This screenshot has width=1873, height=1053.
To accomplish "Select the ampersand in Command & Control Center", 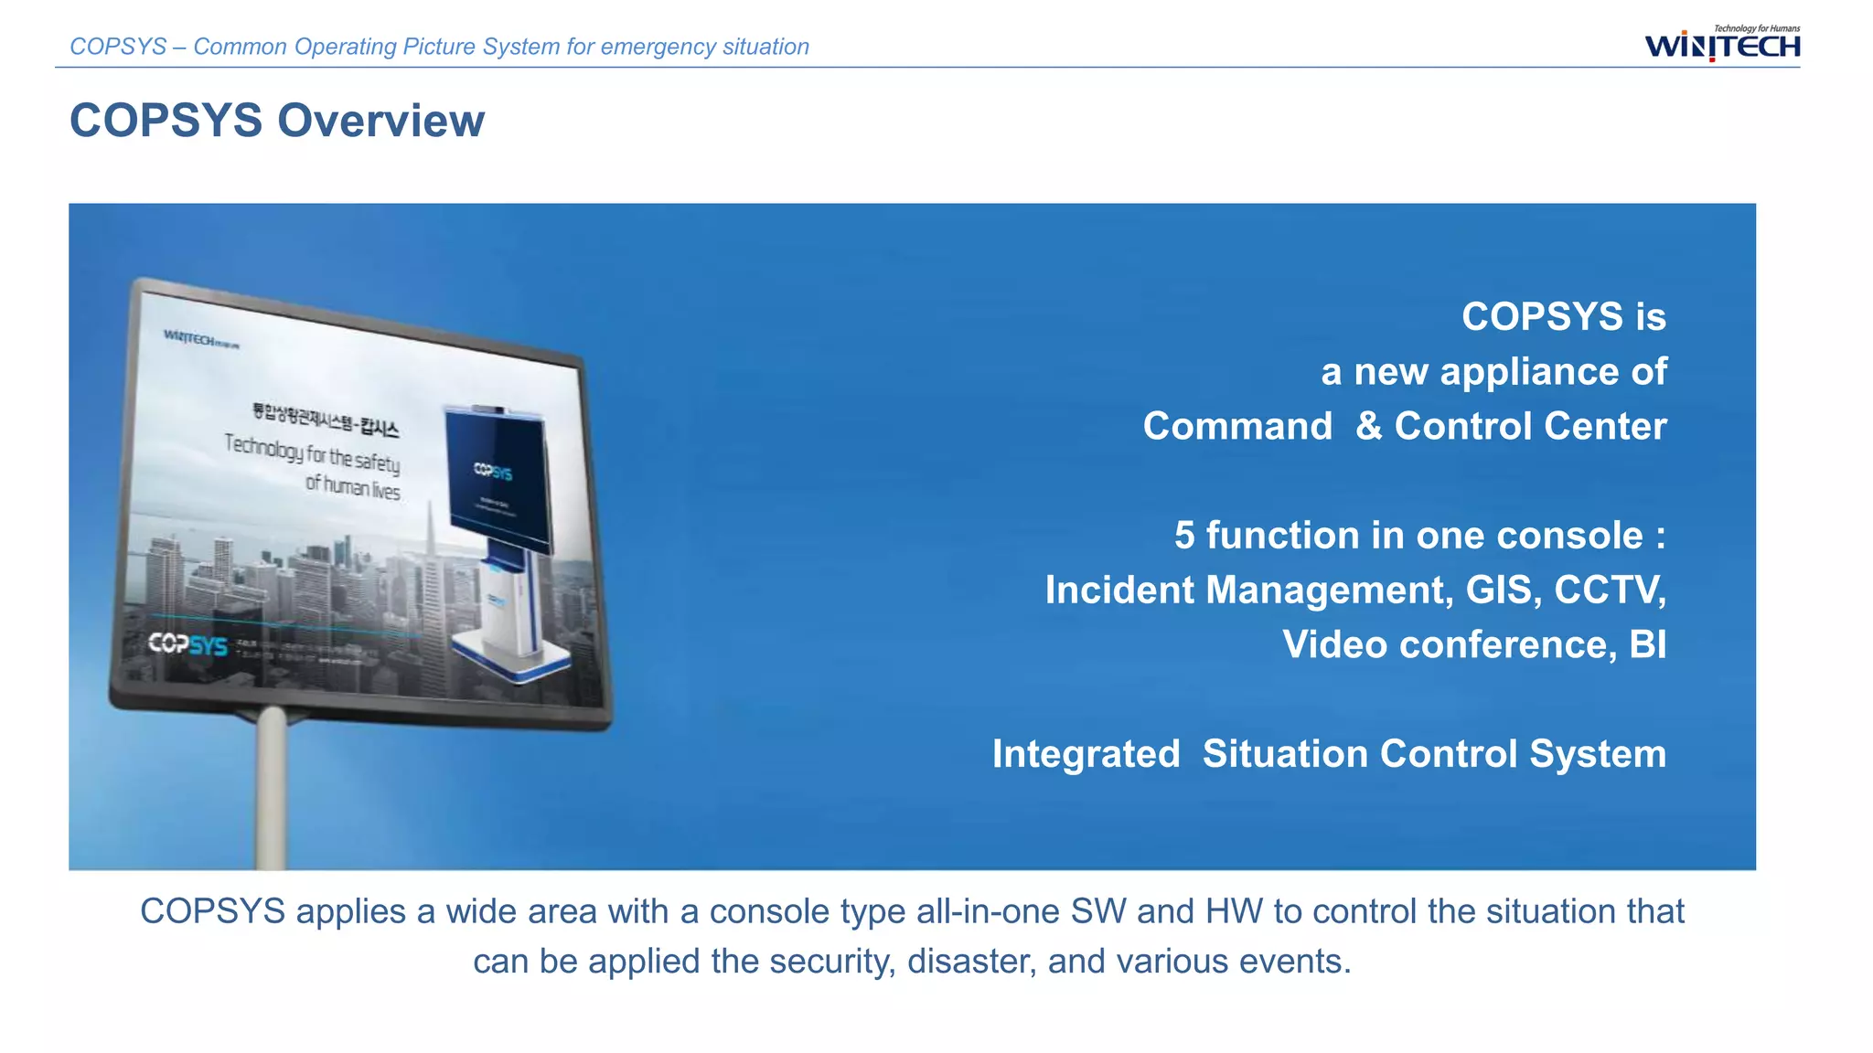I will click(x=1368, y=427).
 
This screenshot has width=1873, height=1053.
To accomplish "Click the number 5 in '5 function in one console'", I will click(x=1184, y=536).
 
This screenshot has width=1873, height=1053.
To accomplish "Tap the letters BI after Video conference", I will click(x=1647, y=645).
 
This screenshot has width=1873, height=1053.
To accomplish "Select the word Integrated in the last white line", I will click(x=1086, y=755).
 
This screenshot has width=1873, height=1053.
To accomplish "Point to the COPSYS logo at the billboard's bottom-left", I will click(x=187, y=644).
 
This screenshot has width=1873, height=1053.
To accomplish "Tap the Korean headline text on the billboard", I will click(x=326, y=418).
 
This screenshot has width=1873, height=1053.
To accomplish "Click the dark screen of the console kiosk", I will click(x=498, y=475).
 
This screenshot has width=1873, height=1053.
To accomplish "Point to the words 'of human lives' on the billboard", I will click(x=352, y=486).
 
